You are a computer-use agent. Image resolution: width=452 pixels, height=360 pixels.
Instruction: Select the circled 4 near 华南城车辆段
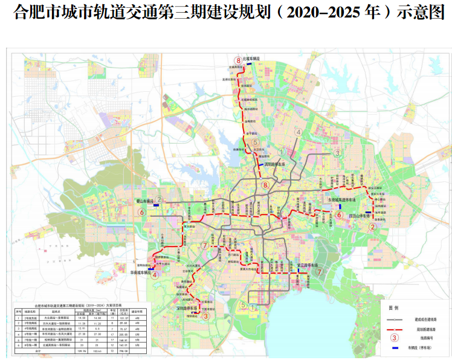tap(155, 275)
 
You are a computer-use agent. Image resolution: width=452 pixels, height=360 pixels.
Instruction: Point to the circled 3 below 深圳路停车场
tap(205, 315)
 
